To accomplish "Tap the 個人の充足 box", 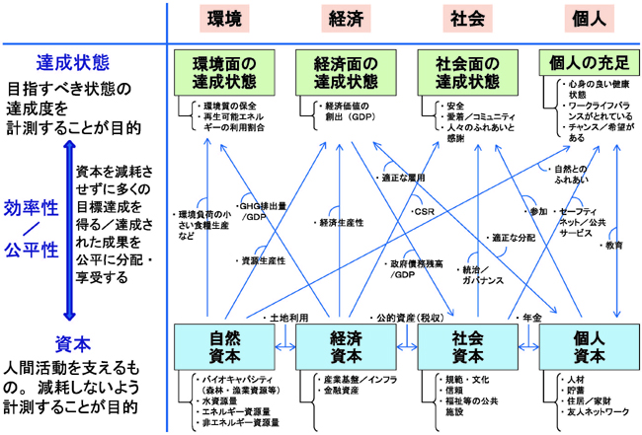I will [x=590, y=63].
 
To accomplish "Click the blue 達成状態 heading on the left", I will [x=72, y=62].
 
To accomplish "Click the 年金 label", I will [x=530, y=319].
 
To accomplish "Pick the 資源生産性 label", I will [x=265, y=260].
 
